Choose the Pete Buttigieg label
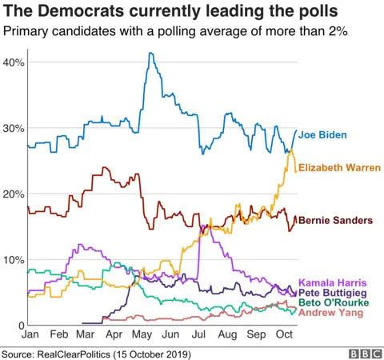(x=333, y=294)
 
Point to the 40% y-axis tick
(x=14, y=62)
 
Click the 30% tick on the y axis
(x=14, y=129)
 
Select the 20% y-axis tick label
(x=14, y=194)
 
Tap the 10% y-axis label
(x=14, y=260)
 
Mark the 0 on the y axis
(x=20, y=326)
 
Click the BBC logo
(x=363, y=352)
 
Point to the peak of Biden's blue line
(x=150, y=54)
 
